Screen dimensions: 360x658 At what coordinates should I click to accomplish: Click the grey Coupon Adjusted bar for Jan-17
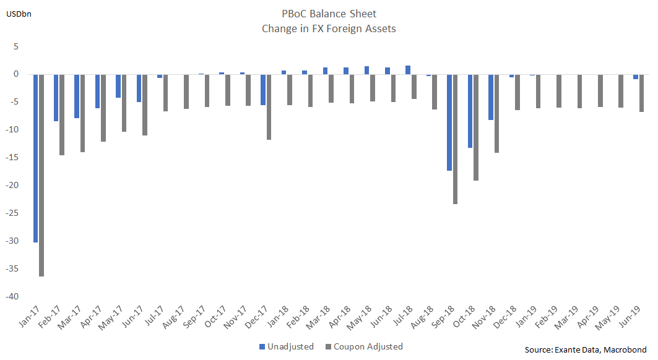pos(41,175)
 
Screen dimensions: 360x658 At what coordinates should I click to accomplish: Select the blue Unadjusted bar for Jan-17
pos(35,158)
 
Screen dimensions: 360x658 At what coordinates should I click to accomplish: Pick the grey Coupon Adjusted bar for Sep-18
pos(456,139)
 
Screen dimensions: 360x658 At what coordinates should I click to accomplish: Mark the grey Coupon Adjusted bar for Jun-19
pos(641,93)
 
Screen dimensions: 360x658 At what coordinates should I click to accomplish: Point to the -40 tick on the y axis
pos(12,296)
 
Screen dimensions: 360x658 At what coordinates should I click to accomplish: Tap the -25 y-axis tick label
pos(12,213)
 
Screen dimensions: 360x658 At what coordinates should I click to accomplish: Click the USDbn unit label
pos(19,13)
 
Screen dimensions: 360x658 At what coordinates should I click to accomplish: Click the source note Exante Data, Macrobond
pos(586,349)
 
